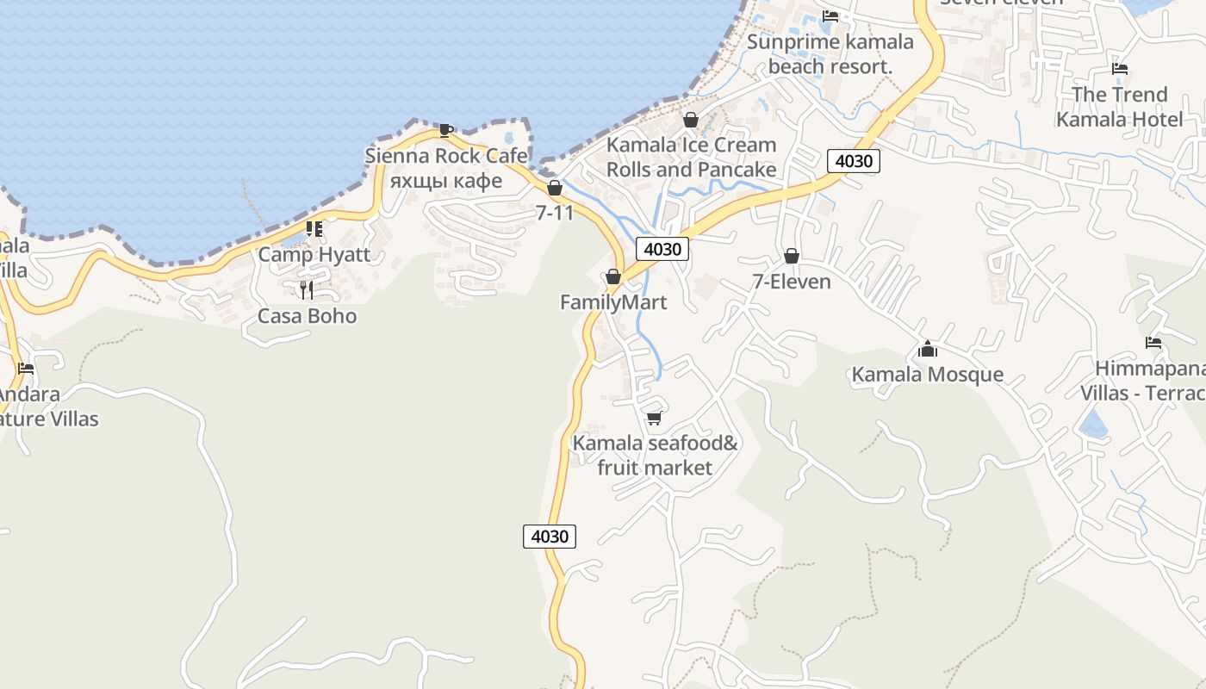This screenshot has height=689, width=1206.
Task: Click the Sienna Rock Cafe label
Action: tap(446, 156)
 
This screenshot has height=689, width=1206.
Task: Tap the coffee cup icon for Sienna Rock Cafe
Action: tap(445, 130)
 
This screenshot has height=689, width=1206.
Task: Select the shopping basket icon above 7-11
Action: tap(555, 188)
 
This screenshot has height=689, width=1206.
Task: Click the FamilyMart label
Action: tap(613, 302)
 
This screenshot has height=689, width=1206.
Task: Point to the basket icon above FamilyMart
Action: tap(613, 276)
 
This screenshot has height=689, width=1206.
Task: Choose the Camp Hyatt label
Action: tap(314, 255)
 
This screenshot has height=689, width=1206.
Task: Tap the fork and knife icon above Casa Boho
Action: tap(307, 289)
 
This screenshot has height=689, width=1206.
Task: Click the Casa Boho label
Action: tap(307, 316)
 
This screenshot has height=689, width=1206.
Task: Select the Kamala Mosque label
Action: tap(928, 375)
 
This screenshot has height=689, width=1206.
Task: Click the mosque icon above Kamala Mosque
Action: tap(928, 349)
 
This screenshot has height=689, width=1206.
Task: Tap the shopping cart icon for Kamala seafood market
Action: tap(654, 419)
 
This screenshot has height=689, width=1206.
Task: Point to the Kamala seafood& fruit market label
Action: tap(656, 456)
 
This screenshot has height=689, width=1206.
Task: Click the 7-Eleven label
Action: tap(792, 282)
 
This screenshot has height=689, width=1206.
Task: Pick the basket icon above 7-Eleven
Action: tap(792, 256)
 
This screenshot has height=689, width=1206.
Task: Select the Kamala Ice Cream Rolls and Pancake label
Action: tap(691, 157)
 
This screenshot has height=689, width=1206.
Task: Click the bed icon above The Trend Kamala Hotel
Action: tap(1120, 68)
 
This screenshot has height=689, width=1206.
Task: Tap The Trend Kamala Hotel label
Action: tap(1120, 107)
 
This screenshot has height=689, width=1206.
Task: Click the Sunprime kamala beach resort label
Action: tap(830, 54)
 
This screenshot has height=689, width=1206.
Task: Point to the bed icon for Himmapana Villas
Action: tap(1153, 343)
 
